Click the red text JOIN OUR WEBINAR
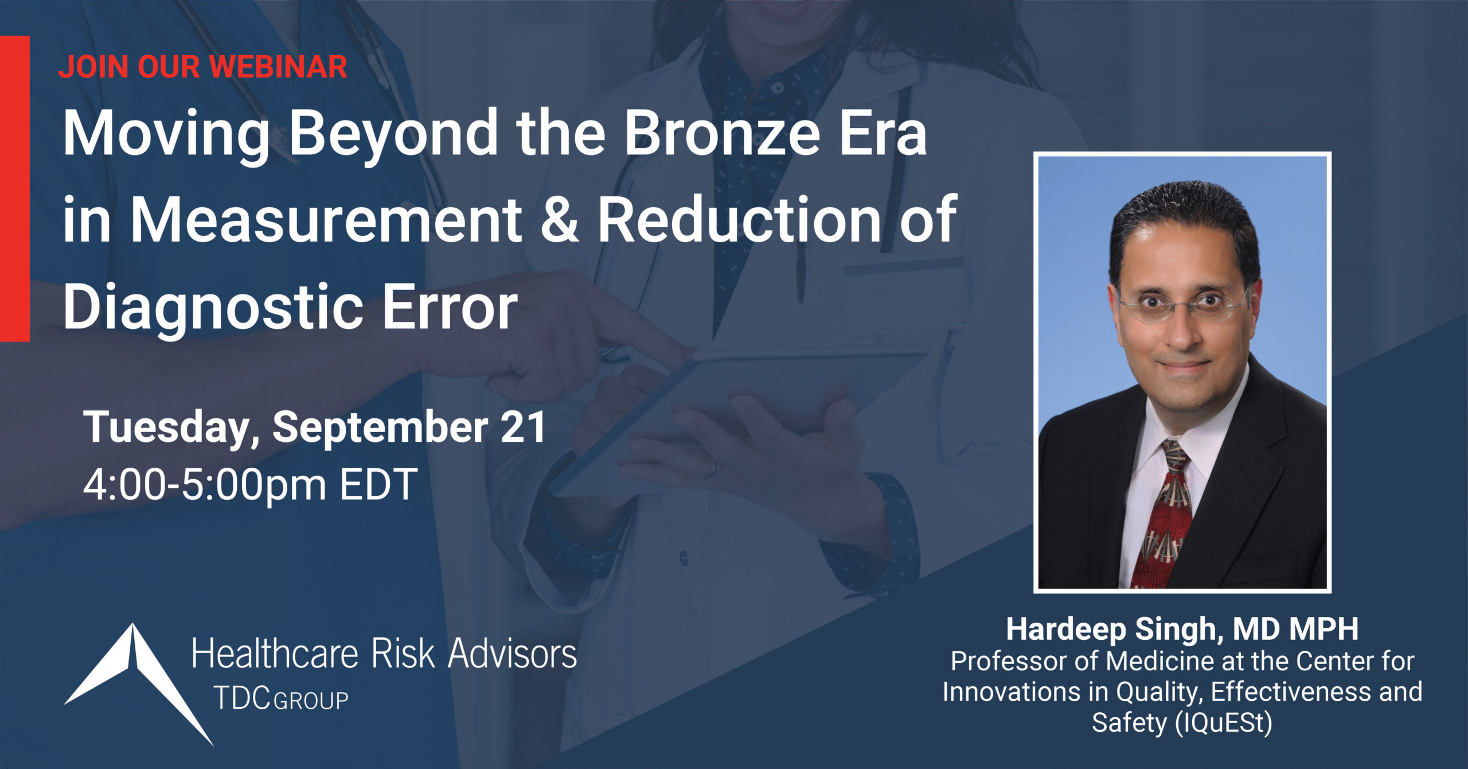[202, 67]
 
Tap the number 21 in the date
[523, 427]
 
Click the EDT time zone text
[378, 485]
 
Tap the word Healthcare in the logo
[275, 654]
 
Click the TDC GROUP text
[281, 698]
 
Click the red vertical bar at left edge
[15, 189]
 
